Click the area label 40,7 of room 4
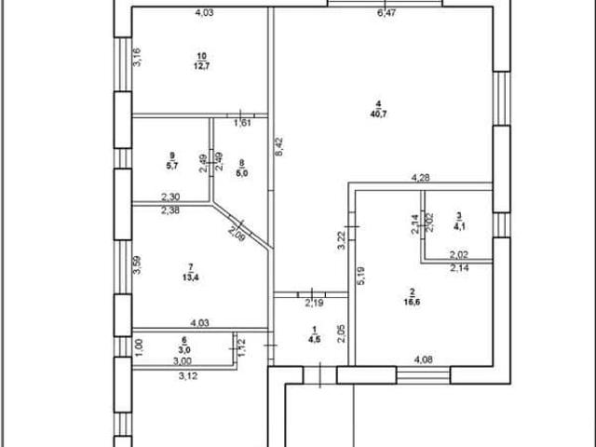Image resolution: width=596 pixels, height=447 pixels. [x=379, y=114]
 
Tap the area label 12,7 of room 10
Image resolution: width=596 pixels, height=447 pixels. [x=202, y=66]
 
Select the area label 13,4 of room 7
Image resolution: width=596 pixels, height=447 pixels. [x=191, y=278]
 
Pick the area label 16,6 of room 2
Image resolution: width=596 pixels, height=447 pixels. [x=412, y=302]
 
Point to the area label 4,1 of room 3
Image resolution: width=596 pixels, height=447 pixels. [x=459, y=227]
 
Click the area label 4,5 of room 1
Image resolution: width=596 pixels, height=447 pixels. [x=315, y=339]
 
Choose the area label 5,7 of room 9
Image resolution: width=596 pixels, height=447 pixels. [x=171, y=166]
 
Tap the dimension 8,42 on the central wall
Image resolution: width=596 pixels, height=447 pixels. [x=279, y=147]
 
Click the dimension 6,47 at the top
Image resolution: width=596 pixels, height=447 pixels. [x=386, y=12]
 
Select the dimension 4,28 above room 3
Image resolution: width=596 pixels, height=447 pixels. [x=421, y=177]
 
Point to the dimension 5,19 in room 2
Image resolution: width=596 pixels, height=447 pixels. [x=361, y=276]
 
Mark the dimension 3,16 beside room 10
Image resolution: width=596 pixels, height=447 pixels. [x=137, y=57]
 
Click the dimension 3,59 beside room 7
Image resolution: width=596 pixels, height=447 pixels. [x=137, y=264]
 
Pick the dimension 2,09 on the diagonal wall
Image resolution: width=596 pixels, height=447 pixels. [x=237, y=234]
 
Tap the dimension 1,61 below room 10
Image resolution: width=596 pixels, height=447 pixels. [x=242, y=123]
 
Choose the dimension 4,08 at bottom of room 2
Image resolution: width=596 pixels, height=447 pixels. [x=423, y=359]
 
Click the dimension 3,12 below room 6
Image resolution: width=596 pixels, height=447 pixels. [x=188, y=376]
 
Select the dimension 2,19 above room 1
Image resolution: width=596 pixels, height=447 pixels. [x=314, y=303]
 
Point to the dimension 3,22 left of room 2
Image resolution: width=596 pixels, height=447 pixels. [x=342, y=240]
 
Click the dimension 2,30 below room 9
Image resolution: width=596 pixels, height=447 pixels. [x=170, y=196]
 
